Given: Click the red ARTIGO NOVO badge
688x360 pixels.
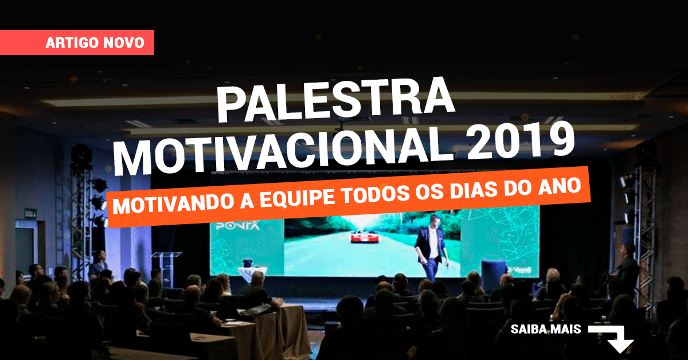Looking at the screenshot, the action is click(x=77, y=42).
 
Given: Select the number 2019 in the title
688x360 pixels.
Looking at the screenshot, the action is click(x=521, y=140).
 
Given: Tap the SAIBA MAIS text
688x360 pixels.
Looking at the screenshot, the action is click(x=546, y=329).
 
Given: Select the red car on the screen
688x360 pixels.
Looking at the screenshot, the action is click(x=364, y=237).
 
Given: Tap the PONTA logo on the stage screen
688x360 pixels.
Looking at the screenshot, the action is click(x=237, y=226).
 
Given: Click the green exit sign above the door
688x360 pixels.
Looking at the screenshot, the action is click(x=30, y=213).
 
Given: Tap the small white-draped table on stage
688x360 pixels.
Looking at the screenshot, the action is click(x=252, y=273).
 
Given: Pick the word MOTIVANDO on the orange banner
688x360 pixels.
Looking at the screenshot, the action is click(x=173, y=204).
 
